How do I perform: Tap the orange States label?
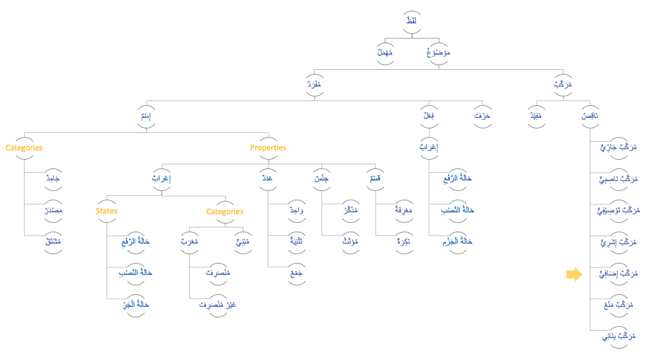tap(107, 211)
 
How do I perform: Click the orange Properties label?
tap(268, 148)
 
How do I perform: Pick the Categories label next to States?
tap(224, 212)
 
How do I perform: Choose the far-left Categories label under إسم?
tap(24, 148)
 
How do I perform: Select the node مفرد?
tap(314, 85)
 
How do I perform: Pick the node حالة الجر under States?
tap(136, 304)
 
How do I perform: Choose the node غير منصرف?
tap(218, 304)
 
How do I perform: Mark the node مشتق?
tap(53, 242)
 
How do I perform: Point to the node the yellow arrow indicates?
tap(618, 273)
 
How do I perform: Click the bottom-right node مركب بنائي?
tap(616, 336)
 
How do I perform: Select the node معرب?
tap(190, 242)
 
